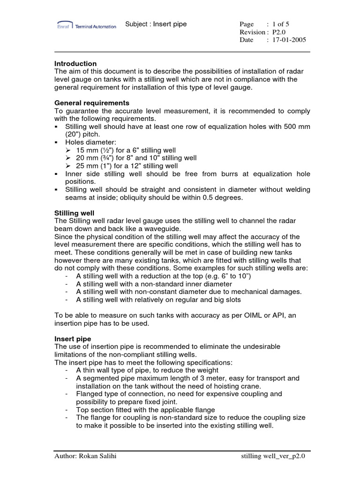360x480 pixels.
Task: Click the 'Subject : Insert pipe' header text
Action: click(156, 24)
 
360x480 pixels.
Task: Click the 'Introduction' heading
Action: click(75, 63)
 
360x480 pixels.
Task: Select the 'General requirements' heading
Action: click(92, 103)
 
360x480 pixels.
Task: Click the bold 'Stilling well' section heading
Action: click(75, 213)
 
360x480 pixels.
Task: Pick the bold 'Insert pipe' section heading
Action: click(73, 338)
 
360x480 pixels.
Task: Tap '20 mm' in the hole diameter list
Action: click(86, 158)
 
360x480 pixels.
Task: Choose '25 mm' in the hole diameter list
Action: click(86, 166)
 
